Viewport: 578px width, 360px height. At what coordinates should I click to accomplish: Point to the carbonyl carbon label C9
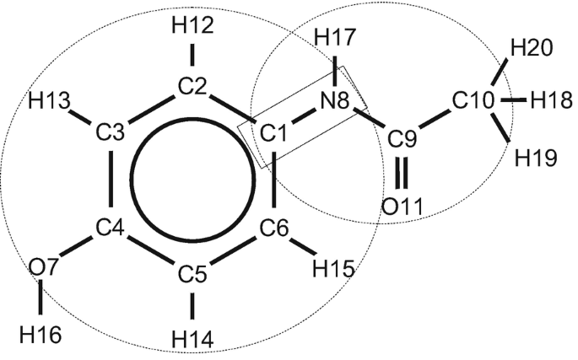click(406, 137)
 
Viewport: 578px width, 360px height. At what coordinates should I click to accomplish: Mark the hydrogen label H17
click(334, 38)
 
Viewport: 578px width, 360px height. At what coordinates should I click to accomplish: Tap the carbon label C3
click(111, 132)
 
